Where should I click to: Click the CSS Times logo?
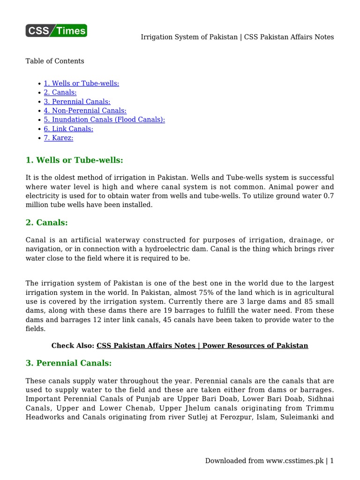(56, 31)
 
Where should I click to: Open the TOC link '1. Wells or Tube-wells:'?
(82, 83)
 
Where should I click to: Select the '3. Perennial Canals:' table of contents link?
(77, 102)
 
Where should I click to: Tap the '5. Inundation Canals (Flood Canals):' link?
(104, 120)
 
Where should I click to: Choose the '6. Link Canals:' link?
(68, 129)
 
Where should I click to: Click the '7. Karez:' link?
(59, 138)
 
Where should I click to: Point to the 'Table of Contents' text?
(55, 61)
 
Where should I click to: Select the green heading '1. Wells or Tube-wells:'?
(74, 160)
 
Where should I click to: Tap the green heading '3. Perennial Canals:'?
(68, 363)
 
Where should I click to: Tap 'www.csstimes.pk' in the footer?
(295, 461)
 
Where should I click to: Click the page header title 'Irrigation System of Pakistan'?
(189, 37)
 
